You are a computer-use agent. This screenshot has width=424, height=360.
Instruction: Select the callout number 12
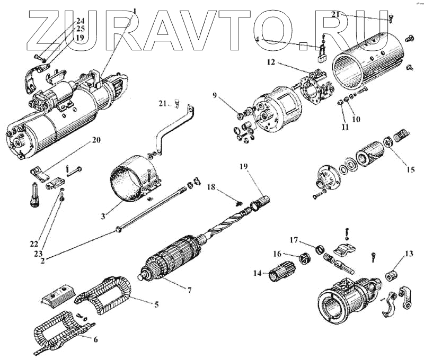(271, 62)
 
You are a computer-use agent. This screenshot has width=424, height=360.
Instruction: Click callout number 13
(408, 254)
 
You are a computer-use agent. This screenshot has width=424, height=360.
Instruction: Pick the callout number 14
(258, 273)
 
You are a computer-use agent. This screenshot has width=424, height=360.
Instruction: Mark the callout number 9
(215, 95)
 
